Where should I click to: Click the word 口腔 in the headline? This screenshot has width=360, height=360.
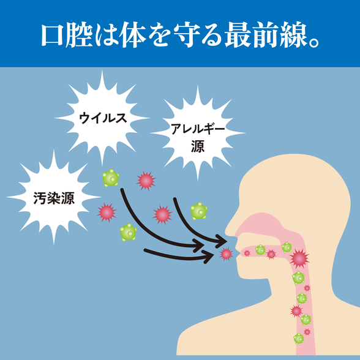[67, 35]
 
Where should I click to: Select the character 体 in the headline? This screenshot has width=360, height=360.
[133, 35]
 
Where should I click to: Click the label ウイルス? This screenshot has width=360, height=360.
[103, 118]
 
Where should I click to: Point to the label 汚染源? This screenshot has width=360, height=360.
[54, 198]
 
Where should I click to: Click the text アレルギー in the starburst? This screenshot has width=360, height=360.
[198, 129]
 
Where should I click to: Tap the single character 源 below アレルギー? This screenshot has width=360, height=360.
[198, 146]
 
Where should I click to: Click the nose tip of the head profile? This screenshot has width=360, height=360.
[227, 231]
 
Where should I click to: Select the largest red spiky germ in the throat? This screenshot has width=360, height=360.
[299, 258]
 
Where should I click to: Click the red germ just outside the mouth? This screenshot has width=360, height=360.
[226, 254]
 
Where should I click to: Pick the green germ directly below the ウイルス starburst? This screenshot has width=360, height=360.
[111, 178]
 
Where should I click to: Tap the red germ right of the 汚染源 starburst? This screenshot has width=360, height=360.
[107, 212]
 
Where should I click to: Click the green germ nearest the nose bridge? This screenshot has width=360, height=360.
[198, 211]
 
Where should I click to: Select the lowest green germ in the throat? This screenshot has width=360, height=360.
[299, 339]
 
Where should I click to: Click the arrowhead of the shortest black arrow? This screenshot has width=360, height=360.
[208, 257]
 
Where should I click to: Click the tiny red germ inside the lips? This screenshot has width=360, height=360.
[247, 253]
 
